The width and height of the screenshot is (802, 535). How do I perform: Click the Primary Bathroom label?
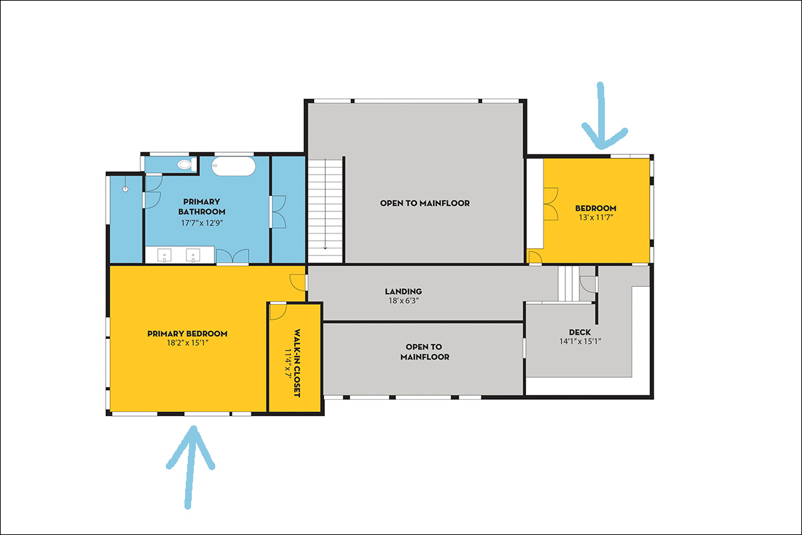202,207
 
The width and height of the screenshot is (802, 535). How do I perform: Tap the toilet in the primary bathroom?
186,165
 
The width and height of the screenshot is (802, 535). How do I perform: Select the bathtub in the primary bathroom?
233,167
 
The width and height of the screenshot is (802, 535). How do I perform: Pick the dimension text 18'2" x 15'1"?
188,343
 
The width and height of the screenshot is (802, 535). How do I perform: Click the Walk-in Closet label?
297,363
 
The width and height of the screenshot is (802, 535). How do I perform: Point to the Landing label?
404,292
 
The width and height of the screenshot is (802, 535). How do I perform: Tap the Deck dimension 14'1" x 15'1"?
580,342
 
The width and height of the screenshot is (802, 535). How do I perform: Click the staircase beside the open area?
325,211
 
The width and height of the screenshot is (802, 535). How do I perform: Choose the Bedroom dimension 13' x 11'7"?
596,217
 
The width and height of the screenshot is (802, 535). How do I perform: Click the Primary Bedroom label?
187,334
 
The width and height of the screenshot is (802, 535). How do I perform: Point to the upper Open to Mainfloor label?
425,203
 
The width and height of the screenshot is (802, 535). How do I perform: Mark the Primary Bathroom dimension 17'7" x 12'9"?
202,223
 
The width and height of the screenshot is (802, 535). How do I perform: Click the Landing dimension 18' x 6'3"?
404,301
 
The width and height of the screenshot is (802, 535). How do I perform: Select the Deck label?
580,332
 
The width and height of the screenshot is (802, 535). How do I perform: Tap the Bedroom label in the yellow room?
596,208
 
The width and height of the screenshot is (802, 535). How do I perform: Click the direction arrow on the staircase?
325,204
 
